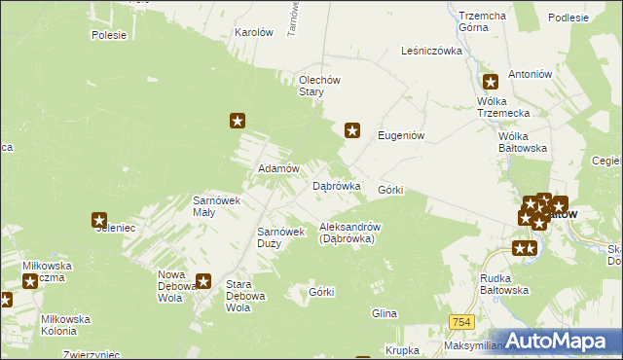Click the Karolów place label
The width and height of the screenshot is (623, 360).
coord(254,32)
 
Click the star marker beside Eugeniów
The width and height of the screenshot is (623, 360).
coord(353,129)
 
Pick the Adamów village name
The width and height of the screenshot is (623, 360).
coord(275,168)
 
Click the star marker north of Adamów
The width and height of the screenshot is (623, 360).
coord(238,121)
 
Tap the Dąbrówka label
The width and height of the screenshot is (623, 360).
coord(336,185)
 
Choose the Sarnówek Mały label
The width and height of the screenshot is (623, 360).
coord(217,205)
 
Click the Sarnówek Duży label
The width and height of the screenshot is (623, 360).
coord(281,237)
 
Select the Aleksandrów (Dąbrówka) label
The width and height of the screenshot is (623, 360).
coord(348,232)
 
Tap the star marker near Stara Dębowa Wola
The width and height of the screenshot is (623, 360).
coord(203,282)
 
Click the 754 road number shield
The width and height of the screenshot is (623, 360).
coord(462,321)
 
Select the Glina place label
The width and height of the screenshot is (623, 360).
coord(385,313)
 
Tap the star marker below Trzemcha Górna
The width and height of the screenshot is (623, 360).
coord(491,83)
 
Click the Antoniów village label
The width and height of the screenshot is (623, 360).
coord(531,74)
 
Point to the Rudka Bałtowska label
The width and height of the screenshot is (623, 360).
coord(504,283)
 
